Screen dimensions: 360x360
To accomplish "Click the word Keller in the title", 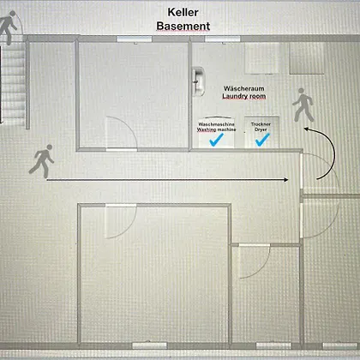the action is (x=183, y=12).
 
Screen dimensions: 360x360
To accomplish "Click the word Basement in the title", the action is (x=183, y=26).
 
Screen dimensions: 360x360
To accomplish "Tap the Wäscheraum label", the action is (x=244, y=88).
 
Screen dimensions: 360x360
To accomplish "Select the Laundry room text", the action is (x=244, y=96).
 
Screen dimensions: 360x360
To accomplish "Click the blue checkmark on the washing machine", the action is (x=216, y=140).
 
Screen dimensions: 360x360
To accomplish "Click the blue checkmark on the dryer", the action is (x=262, y=140).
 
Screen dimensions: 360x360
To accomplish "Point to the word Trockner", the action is (x=261, y=124).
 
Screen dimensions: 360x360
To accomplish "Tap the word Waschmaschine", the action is (x=216, y=124).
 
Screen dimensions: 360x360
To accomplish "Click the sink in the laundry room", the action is (x=198, y=81).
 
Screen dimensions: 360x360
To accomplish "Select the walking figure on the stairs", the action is (x=8, y=27).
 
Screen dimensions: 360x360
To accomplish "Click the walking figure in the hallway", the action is (x=42, y=161).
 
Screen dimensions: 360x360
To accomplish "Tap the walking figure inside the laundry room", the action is (x=303, y=105).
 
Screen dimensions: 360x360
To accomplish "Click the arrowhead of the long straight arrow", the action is (x=286, y=180).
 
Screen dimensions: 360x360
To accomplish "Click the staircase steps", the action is (x=13, y=84).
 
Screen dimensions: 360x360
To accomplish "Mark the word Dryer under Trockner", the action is (x=261, y=129).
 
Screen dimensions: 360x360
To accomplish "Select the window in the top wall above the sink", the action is (x=223, y=39).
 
